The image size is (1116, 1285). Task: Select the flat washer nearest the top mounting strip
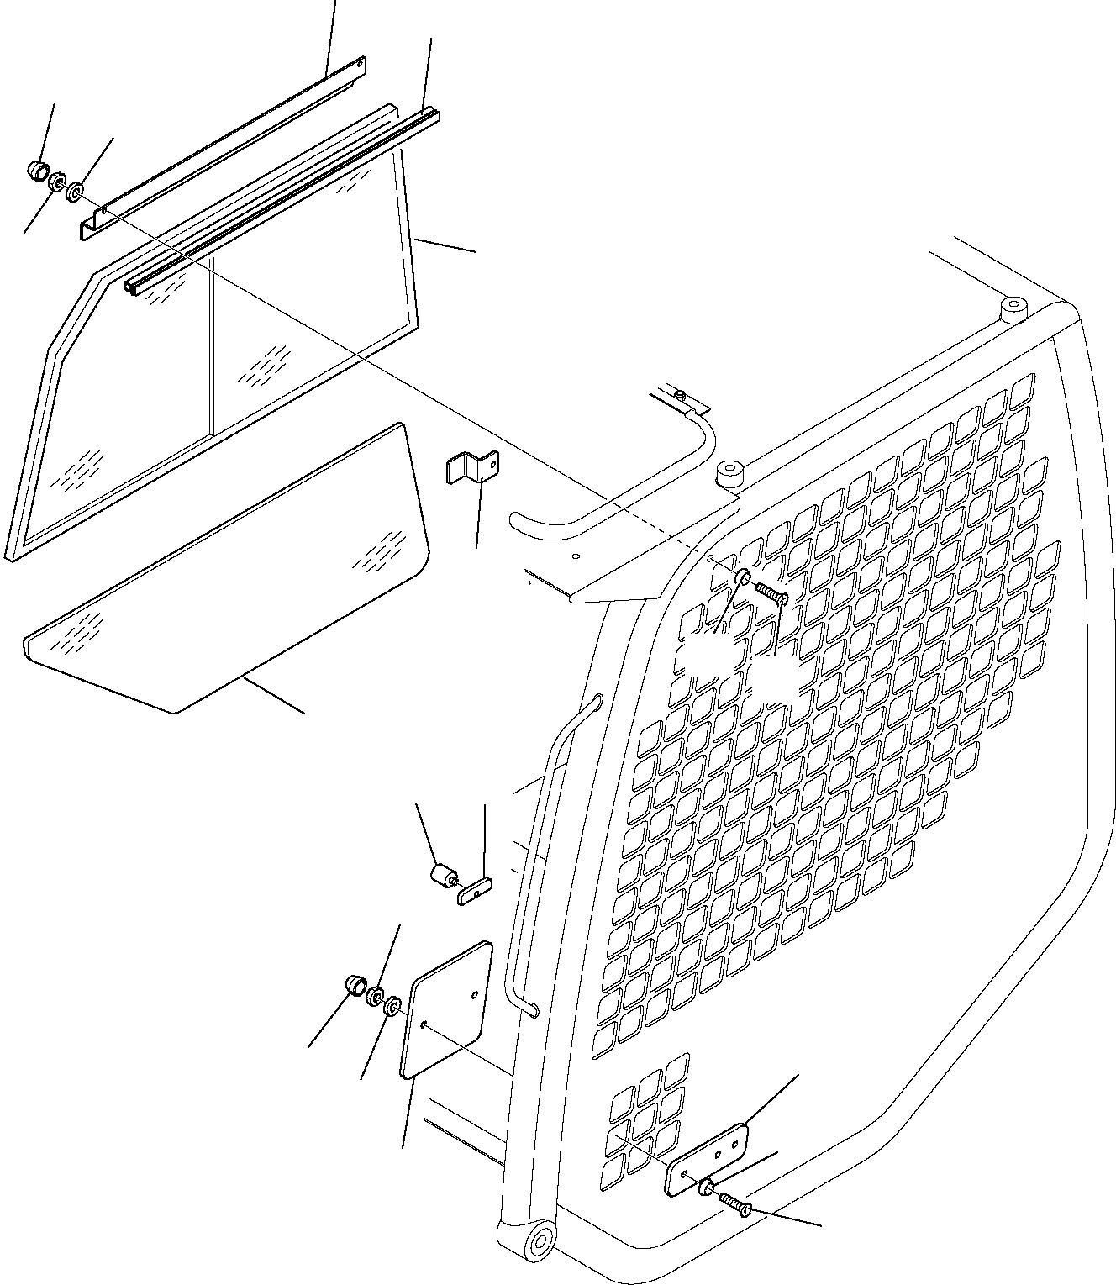point(75,193)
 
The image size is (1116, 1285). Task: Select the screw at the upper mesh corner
point(770,593)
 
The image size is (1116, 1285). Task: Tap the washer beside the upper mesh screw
point(743,577)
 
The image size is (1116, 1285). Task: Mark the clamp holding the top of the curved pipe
point(682,399)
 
